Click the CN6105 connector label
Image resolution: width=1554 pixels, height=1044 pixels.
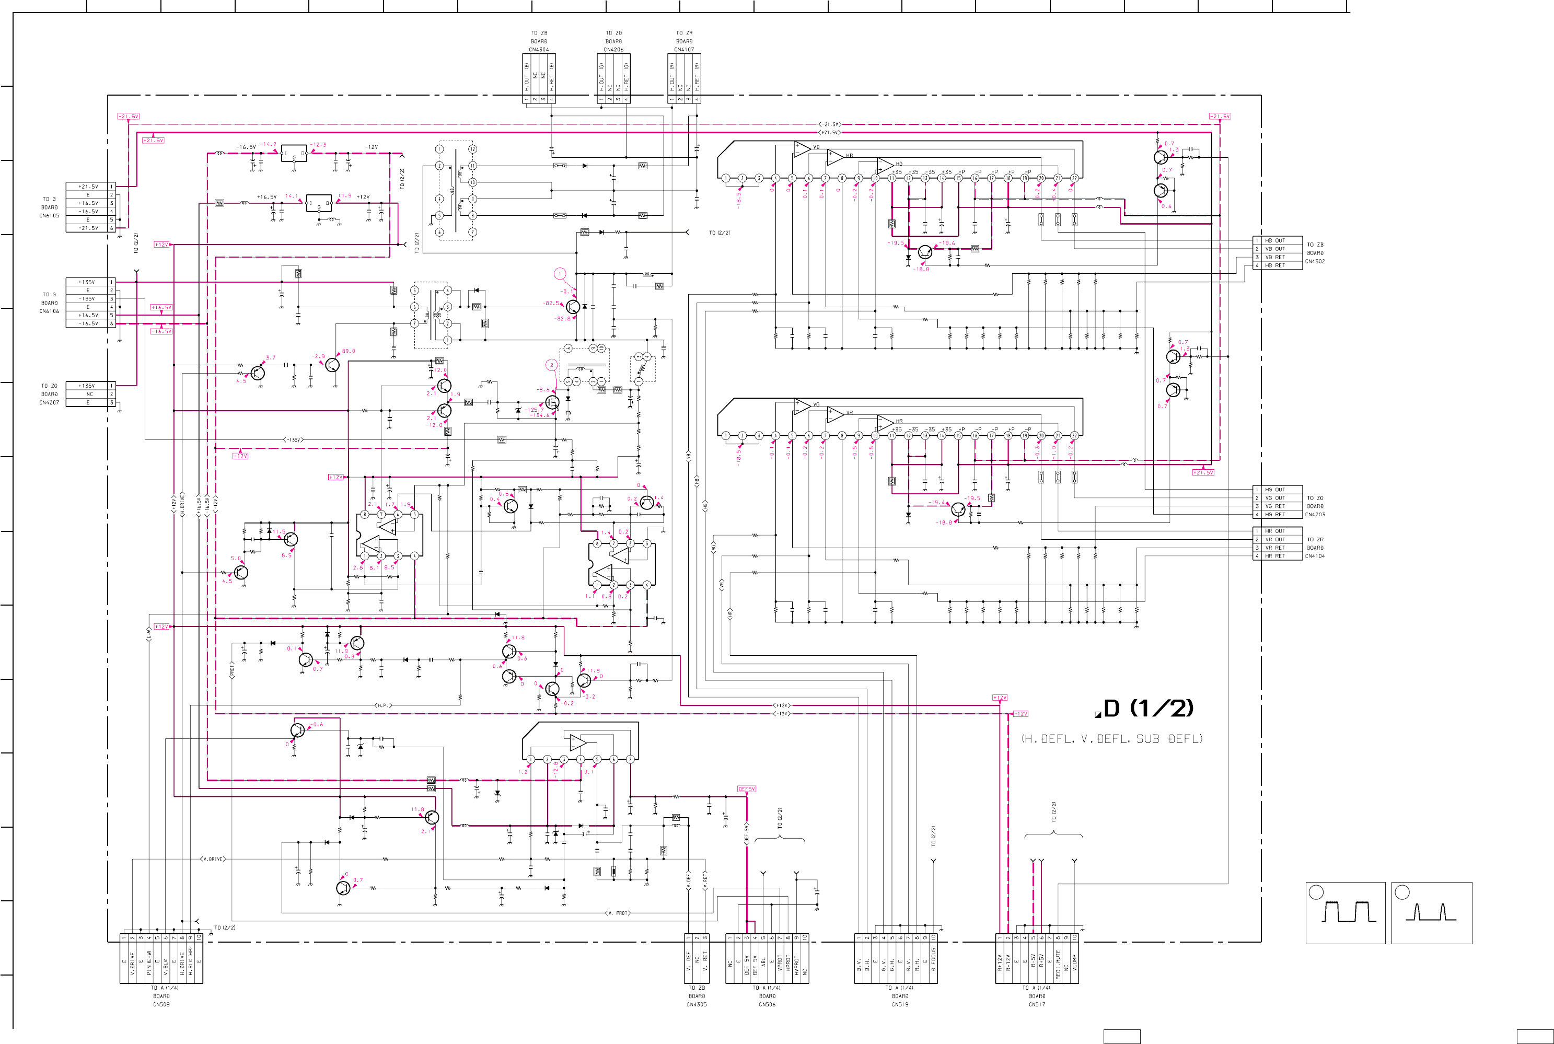point(49,216)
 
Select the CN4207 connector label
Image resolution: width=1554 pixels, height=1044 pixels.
point(49,403)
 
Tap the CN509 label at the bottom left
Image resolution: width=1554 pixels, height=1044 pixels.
point(161,1005)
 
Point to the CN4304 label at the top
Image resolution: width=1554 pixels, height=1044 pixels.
point(539,49)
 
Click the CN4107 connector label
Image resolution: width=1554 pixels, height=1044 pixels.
point(684,49)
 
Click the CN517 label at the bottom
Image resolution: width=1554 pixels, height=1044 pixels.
point(1037,1005)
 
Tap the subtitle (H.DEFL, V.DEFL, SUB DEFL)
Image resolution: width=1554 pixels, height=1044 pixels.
point(1112,739)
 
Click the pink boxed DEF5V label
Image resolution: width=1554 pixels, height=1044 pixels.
point(746,789)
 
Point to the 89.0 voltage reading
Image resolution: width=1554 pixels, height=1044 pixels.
point(348,351)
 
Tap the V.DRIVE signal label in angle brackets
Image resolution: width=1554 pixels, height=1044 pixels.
point(213,859)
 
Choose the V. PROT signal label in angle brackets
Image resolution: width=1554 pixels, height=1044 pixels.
point(617,913)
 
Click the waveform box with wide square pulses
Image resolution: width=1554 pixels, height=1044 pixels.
point(1345,913)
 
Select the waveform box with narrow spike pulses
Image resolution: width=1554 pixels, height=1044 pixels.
point(1432,913)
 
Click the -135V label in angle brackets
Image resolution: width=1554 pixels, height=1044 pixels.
point(294,439)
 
